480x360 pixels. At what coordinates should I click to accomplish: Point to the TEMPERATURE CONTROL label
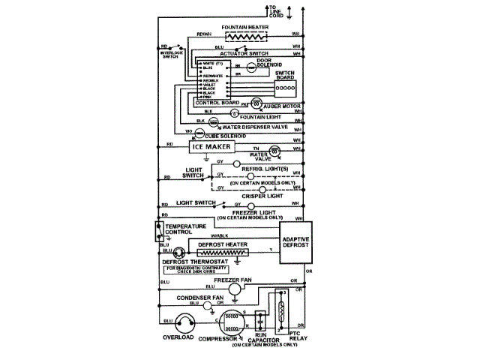(x=185, y=229)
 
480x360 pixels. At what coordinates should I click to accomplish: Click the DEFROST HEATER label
(x=223, y=244)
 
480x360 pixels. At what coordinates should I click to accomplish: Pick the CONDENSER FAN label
(x=201, y=298)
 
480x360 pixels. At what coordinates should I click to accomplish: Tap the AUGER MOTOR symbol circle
(x=255, y=102)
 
